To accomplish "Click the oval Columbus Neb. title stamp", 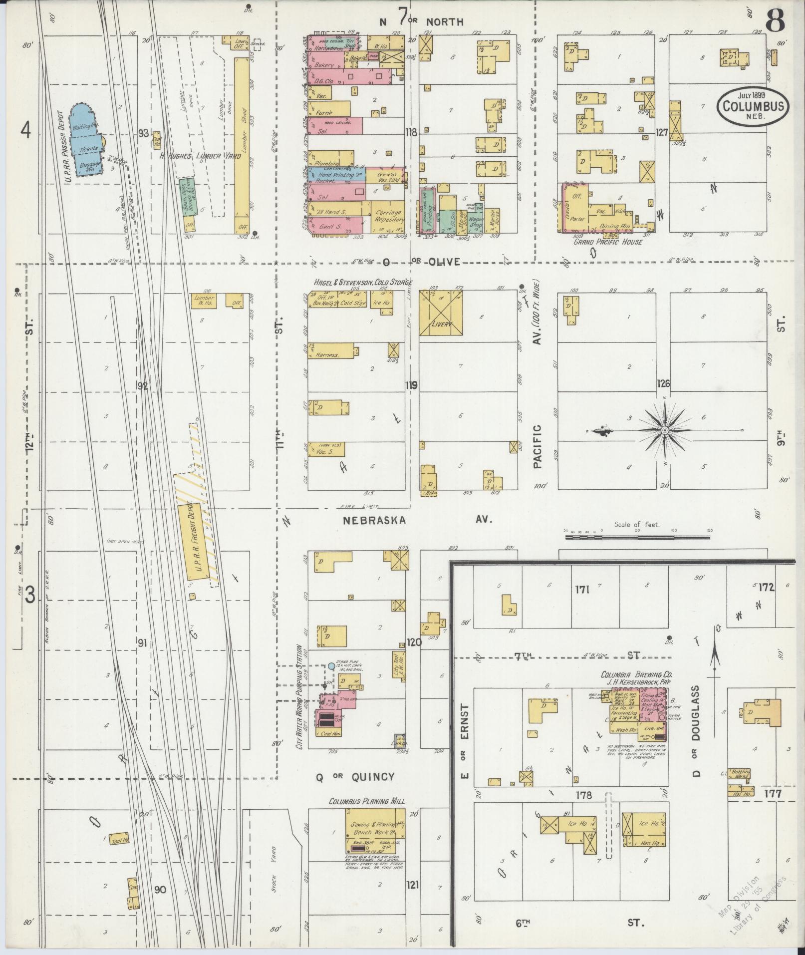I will (754, 106).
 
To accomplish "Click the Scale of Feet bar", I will (637, 537).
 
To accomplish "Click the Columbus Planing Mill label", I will (366, 801).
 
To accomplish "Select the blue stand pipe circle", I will (331, 666).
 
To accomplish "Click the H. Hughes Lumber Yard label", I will (200, 156).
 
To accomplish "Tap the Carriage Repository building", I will (388, 216).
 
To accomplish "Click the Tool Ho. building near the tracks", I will (119, 839).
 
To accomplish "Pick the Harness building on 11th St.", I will (331, 350).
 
